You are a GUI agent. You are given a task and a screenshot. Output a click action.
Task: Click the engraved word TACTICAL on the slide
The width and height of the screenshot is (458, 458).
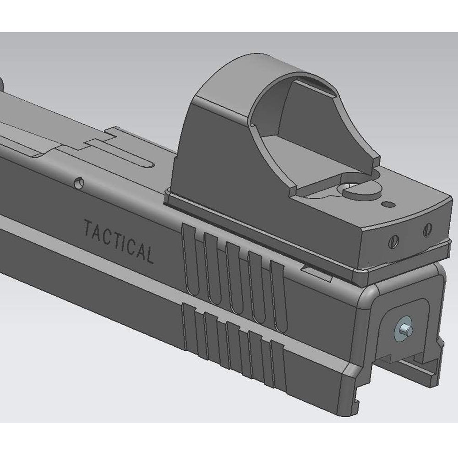(118, 240)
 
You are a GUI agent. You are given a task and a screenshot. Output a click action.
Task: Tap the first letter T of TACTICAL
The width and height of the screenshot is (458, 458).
(87, 228)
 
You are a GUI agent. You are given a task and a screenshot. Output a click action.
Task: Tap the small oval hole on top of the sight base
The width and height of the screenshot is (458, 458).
(388, 203)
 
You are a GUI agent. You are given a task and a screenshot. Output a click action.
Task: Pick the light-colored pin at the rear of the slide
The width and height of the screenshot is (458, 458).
(403, 329)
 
